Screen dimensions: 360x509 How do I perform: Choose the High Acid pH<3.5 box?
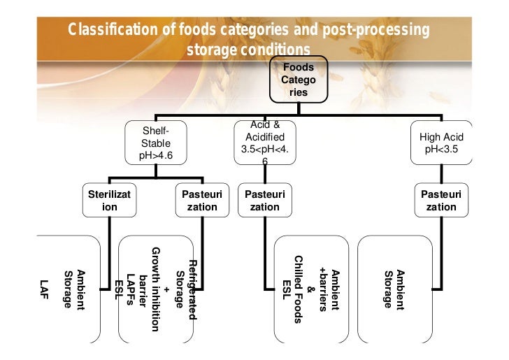(x=440, y=144)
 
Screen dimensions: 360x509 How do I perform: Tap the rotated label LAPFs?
(x=130, y=287)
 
